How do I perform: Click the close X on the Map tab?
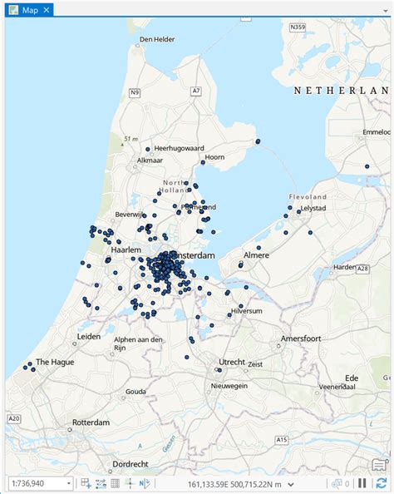click(x=47, y=10)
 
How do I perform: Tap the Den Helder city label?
click(x=157, y=39)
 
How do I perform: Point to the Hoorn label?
click(x=215, y=157)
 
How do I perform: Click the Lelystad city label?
click(x=315, y=208)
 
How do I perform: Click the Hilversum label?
click(x=248, y=310)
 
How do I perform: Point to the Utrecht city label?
click(x=232, y=362)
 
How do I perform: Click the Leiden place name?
click(x=89, y=337)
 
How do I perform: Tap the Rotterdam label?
click(x=91, y=422)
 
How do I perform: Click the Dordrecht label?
click(x=131, y=463)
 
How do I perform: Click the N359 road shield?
click(x=298, y=27)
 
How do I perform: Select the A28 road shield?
click(x=362, y=269)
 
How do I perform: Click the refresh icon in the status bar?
click(x=382, y=483)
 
